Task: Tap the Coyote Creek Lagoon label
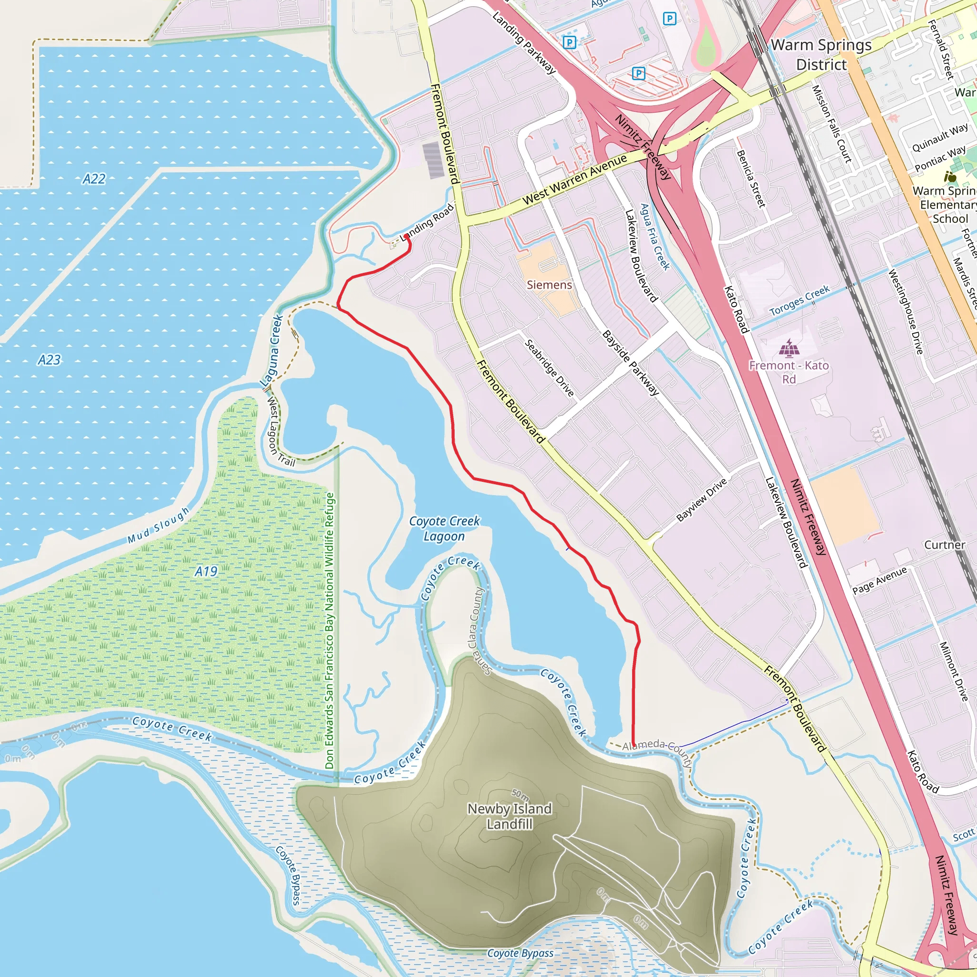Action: (x=444, y=529)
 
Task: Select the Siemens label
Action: (x=549, y=285)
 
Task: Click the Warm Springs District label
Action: (x=821, y=54)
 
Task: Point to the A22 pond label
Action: (x=94, y=178)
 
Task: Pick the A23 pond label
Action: (x=49, y=360)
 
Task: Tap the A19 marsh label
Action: (x=206, y=572)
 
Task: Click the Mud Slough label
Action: (x=158, y=525)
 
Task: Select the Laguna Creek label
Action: (x=271, y=351)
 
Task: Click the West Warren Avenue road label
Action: (x=574, y=179)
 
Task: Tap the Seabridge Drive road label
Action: (x=549, y=368)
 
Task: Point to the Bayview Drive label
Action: (x=701, y=499)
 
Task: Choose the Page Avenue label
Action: (x=879, y=581)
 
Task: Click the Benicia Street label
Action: (x=751, y=178)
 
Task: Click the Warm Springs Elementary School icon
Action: (x=950, y=177)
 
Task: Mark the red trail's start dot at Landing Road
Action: (x=407, y=237)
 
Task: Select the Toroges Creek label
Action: (x=800, y=301)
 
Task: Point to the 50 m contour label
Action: (x=520, y=794)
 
